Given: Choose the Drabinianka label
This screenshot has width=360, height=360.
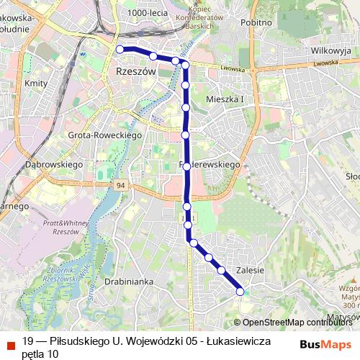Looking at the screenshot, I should [x=129, y=282].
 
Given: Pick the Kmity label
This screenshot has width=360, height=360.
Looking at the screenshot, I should [x=35, y=84].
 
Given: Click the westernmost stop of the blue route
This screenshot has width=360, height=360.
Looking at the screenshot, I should [x=120, y=49].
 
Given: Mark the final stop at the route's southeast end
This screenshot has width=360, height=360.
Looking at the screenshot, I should [x=240, y=291].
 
